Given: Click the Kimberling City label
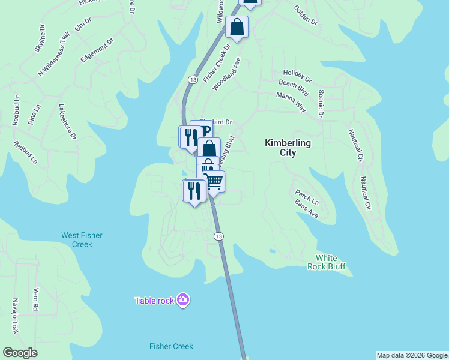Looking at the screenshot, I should (288, 148).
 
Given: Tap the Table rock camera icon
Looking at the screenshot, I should (183, 299).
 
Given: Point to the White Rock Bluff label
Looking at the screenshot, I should (327, 262).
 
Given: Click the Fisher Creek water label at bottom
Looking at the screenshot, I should (171, 346).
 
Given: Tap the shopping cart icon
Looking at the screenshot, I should (215, 181).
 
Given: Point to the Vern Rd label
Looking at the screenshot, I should (35, 298).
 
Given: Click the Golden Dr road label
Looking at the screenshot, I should (305, 16).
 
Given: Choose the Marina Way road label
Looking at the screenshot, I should (291, 102).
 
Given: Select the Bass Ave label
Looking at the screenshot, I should (306, 209).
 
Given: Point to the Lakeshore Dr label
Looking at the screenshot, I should (67, 122).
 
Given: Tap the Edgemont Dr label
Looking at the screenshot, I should (97, 51).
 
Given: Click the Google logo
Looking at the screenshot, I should (20, 353).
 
